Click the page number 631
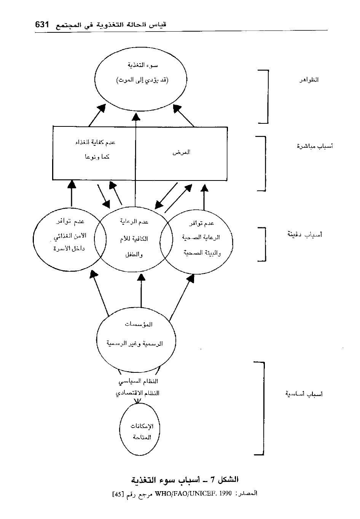(42, 25)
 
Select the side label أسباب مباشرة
(315, 146)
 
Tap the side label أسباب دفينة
(304, 235)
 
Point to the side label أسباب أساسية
(304, 394)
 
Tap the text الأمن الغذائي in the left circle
(69, 236)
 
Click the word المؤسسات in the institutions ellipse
(139, 324)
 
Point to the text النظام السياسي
(138, 381)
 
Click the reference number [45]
(118, 494)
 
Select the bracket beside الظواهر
(267, 97)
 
